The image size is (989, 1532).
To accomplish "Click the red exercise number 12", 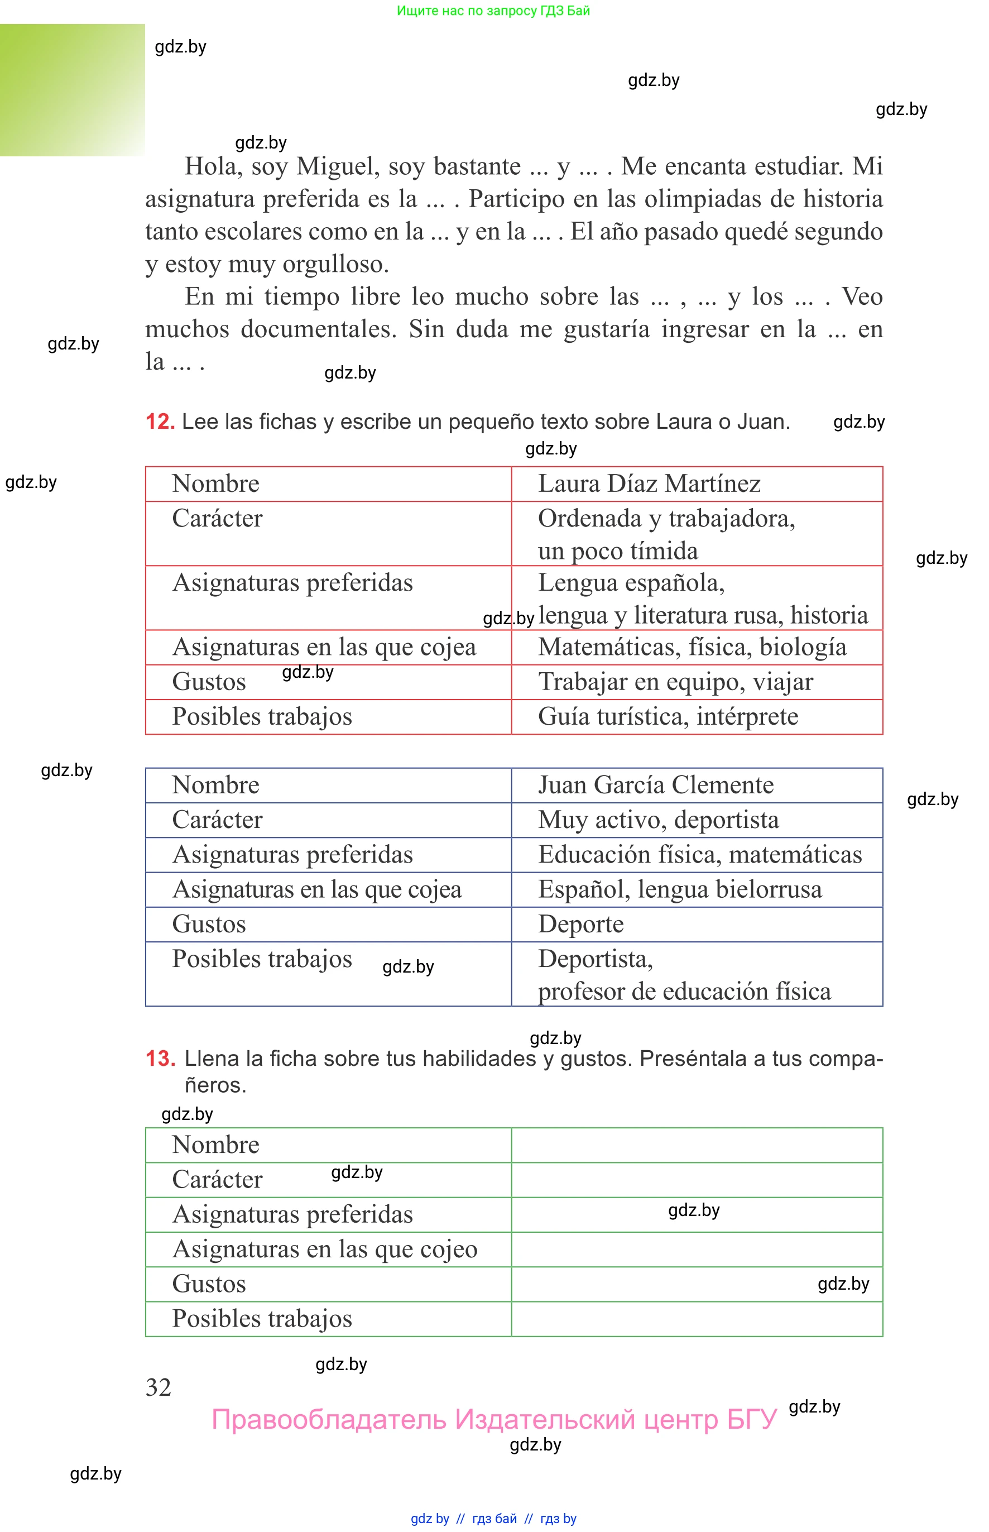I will point(160,422).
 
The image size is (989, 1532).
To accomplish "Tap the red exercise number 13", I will point(160,1058).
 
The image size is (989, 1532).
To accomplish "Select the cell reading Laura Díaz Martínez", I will point(649,483).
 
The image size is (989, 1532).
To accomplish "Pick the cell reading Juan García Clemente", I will point(655,785).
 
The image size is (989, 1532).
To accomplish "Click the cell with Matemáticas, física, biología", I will point(692,647).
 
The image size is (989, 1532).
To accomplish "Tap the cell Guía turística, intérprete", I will point(668,716).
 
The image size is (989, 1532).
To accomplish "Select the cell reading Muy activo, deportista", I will point(658,820).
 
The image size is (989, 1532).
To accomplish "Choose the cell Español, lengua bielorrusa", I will point(679,889).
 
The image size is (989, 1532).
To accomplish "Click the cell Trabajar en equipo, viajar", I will point(675,682).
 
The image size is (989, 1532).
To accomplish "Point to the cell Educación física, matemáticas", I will point(699,854).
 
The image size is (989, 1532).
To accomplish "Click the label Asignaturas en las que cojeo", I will point(325,1249).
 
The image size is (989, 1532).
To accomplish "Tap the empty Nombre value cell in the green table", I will point(697,1145).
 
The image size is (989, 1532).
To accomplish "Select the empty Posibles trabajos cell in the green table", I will point(697,1319).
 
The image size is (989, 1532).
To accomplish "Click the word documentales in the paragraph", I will point(319,329).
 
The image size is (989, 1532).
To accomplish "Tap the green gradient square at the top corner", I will point(72,90).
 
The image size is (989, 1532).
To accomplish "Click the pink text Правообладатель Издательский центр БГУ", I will point(494,1419).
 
